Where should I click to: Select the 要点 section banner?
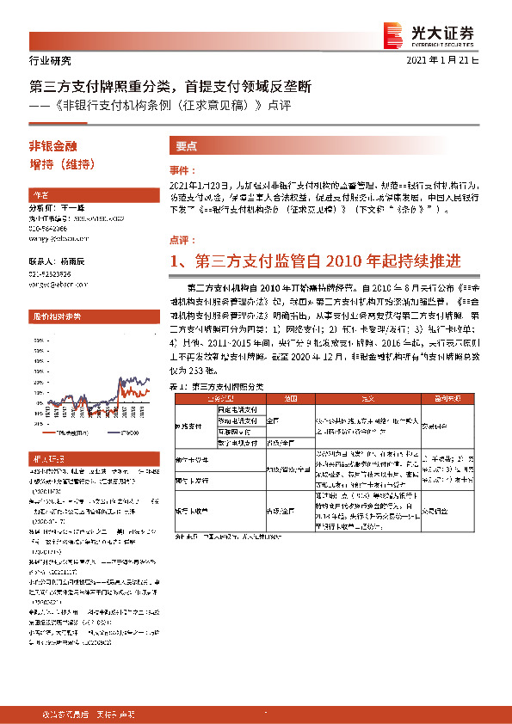(185, 145)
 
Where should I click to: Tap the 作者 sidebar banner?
(41, 193)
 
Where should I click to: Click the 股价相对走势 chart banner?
(57, 316)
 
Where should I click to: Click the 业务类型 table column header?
(207, 399)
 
